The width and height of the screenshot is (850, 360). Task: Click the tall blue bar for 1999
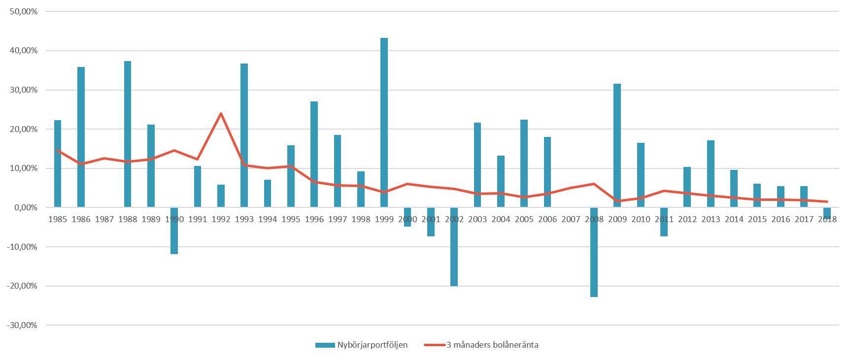click(384, 123)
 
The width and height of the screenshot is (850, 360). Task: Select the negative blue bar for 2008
click(594, 252)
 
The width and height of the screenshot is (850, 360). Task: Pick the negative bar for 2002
click(454, 246)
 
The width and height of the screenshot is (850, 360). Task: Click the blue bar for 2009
click(617, 145)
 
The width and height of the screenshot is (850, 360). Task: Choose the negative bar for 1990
click(174, 230)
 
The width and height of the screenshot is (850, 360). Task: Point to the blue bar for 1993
click(244, 135)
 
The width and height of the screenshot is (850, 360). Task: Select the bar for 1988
click(128, 134)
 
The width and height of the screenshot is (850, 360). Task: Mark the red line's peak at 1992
click(221, 114)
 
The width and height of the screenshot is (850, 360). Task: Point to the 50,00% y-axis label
click(24, 11)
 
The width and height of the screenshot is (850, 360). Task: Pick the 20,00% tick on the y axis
click(24, 129)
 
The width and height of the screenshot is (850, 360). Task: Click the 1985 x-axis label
click(58, 220)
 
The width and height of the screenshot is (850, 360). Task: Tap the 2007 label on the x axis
click(571, 220)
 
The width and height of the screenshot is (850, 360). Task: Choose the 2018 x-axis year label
click(827, 220)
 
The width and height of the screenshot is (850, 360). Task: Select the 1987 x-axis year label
click(104, 220)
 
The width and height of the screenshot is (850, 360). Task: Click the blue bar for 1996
click(314, 154)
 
